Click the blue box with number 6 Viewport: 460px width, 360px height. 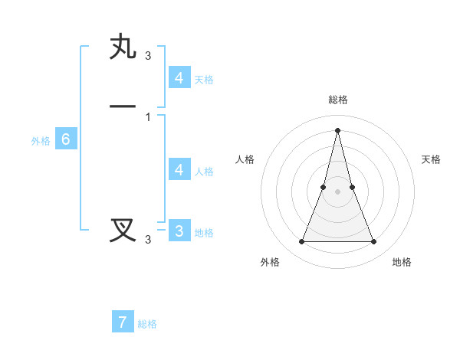66,139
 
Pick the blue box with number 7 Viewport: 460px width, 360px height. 123,322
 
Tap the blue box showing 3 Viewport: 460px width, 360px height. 179,231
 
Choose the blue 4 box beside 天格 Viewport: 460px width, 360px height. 179,78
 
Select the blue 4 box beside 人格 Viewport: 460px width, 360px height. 179,170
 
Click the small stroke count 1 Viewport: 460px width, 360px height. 147,116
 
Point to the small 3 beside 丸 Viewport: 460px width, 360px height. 148,56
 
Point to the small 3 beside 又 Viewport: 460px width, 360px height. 148,240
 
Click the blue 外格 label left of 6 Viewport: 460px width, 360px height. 41,141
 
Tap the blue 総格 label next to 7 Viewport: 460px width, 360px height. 147,324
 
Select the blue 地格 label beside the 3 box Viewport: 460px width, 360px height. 204,233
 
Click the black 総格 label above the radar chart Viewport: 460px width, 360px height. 337,100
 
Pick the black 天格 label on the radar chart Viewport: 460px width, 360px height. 431,159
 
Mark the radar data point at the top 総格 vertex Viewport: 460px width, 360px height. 337,129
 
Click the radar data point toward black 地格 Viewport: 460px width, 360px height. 374,242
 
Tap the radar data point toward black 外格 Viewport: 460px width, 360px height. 301,242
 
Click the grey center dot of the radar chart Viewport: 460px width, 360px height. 337,191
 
